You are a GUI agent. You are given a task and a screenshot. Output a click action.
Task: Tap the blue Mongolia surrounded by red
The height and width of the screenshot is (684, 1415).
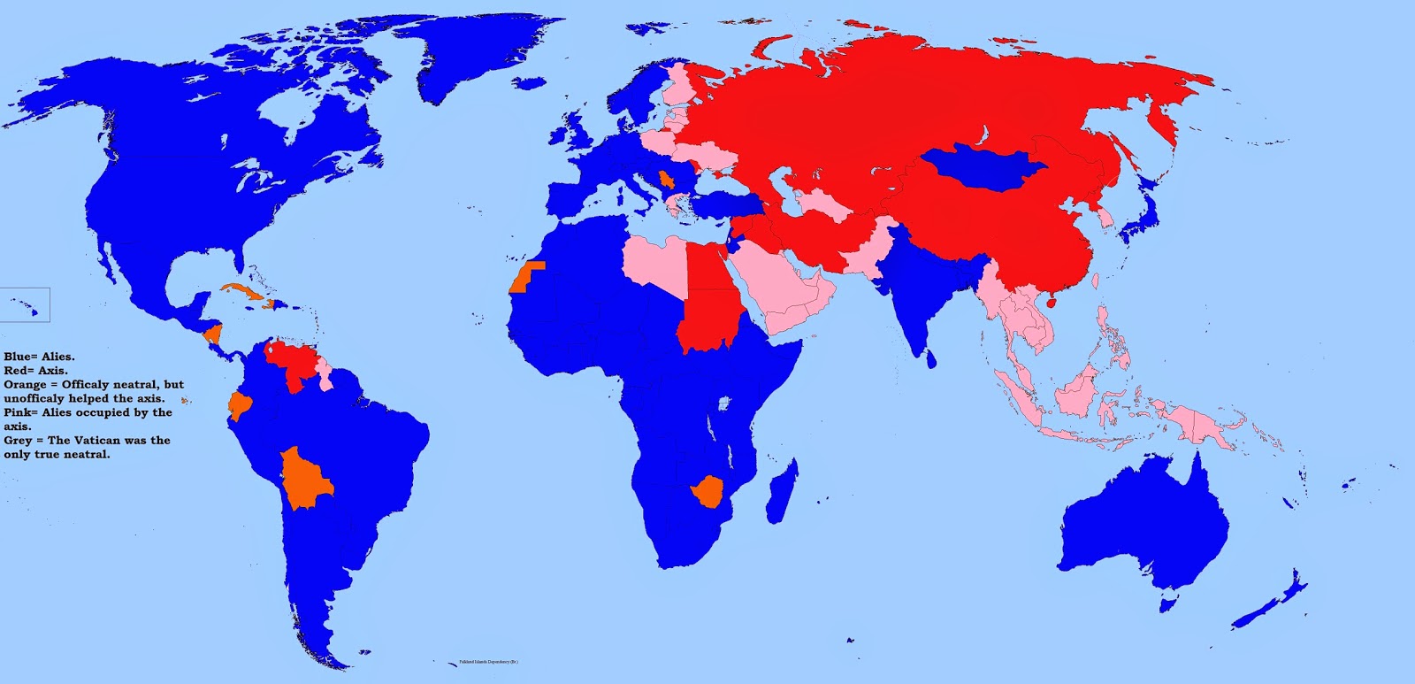[x=983, y=168]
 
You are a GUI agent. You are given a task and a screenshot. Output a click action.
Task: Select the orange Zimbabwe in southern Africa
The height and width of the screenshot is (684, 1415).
[x=708, y=492]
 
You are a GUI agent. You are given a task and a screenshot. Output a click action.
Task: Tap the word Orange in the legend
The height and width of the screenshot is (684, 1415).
[x=25, y=385]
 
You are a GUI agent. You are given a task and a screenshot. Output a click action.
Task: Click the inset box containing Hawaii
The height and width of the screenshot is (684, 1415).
[x=25, y=304]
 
